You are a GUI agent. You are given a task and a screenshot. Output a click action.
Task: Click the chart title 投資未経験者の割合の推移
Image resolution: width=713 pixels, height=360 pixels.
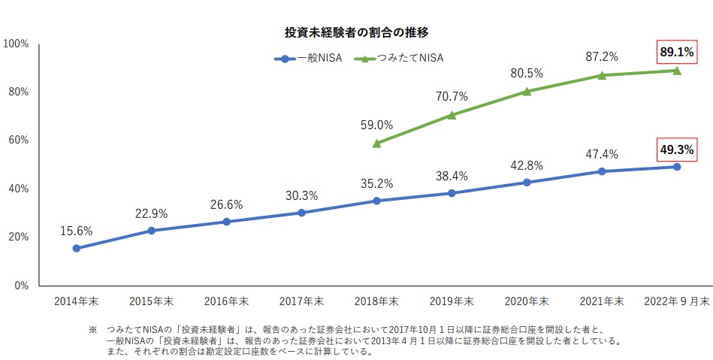(356, 33)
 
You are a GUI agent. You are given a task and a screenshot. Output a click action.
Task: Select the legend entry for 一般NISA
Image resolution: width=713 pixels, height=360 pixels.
(308, 59)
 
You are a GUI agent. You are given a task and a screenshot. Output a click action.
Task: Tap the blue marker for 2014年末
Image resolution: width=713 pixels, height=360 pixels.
(77, 248)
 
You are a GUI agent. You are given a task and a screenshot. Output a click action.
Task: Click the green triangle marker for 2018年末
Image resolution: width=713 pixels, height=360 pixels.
(376, 144)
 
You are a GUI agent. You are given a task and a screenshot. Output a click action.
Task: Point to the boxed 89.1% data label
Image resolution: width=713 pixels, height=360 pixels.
(677, 53)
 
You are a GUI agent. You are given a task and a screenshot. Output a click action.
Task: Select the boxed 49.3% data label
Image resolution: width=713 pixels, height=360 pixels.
(677, 150)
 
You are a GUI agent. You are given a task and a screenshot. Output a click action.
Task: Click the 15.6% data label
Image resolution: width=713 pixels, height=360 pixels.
(77, 231)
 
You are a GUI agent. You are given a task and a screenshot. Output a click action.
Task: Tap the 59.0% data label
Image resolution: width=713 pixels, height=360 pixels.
(376, 126)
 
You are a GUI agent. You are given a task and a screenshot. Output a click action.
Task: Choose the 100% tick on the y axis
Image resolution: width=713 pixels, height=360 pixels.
(16, 44)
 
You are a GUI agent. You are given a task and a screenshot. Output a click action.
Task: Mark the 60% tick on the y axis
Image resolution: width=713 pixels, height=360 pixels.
(19, 141)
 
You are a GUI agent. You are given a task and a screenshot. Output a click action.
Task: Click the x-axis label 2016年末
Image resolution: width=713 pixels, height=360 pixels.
(226, 301)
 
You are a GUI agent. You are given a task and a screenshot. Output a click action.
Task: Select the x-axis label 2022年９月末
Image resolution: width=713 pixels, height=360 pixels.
(677, 301)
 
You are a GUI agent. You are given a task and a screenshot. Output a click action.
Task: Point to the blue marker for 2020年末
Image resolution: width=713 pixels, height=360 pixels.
(527, 182)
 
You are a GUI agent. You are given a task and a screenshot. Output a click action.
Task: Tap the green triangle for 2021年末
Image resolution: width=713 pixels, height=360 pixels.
(602, 75)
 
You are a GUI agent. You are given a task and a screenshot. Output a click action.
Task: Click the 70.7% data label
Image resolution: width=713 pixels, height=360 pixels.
(452, 96)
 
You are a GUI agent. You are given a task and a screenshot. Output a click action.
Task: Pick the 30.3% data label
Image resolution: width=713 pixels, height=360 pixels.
(301, 195)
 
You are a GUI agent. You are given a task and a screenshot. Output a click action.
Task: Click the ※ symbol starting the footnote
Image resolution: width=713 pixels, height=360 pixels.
(92, 329)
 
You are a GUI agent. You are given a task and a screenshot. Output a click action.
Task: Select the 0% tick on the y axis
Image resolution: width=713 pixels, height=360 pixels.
(21, 286)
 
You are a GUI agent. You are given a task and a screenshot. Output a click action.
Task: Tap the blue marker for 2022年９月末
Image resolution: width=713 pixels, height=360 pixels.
(677, 167)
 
